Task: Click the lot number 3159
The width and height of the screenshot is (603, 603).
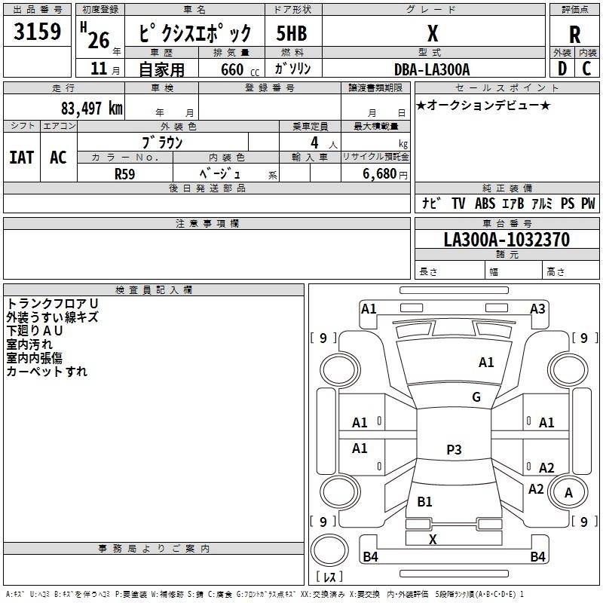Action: pos(37,33)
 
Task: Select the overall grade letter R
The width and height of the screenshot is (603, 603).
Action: pos(574,35)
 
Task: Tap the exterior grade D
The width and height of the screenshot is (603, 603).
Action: pos(562,69)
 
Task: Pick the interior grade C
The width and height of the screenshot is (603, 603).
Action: pos(587,69)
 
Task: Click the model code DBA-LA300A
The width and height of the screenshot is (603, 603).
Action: pos(432,69)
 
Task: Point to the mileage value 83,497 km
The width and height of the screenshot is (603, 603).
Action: pos(92,109)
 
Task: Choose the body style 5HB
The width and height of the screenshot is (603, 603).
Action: pos(291,35)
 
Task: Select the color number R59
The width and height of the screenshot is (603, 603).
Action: pos(125,173)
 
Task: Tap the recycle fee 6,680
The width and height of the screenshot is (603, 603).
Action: pos(379,174)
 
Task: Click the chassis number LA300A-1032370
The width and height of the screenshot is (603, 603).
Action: pos(507,240)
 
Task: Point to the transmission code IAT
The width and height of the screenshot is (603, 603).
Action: pos(21,158)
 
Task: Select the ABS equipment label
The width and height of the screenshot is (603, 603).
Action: pos(485,204)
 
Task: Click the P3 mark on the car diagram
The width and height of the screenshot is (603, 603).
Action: pos(454,450)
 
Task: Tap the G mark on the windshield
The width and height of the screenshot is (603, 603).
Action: pos(476,397)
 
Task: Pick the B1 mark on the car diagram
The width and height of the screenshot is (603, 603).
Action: pos(424,502)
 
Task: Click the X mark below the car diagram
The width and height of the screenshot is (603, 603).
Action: pos(433,540)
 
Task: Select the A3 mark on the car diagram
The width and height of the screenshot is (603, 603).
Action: pos(537,308)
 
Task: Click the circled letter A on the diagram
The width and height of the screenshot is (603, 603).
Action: pos(569,493)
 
